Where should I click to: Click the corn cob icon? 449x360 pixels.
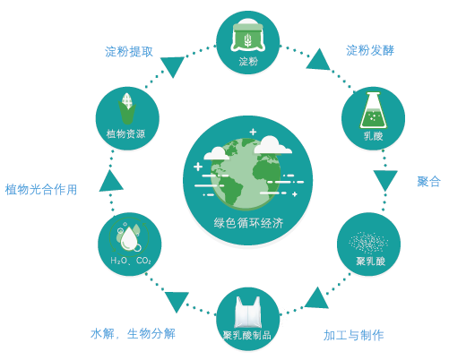pos(127,108)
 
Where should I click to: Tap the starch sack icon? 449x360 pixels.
pos(247,38)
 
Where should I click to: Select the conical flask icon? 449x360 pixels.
pos(373,110)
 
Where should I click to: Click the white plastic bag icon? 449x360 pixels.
pos(247,313)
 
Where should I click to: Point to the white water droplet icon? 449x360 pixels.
pos(129,238)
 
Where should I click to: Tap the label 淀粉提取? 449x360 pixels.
pos(129,52)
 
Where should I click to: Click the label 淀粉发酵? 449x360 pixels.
pos(370,50)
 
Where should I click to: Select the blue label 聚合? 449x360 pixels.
pos(428,182)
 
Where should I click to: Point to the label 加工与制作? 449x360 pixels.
pos(354,335)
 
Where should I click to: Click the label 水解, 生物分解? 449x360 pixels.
pos(133,334)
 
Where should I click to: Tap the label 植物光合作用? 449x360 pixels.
pos(41,190)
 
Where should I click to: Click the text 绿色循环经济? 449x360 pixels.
pos(248,223)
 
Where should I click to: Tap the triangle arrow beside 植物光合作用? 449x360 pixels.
pos(111,181)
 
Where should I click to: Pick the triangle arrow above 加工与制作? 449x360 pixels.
pos(316,298)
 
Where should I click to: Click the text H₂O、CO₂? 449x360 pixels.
pos(131,261)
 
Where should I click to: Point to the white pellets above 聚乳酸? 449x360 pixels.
pos(368,243)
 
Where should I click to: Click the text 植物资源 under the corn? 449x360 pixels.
pos(125,133)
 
